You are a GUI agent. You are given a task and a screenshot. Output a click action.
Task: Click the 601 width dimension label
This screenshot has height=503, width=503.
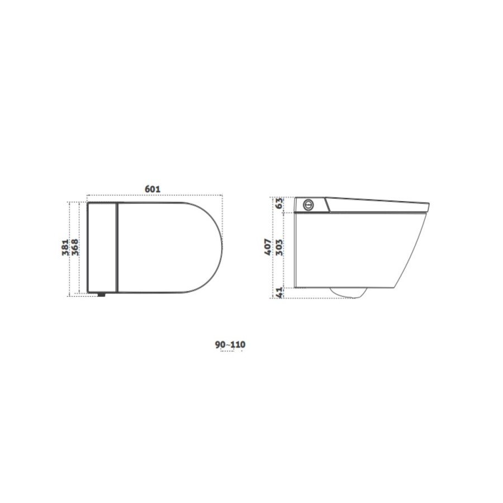[153, 189]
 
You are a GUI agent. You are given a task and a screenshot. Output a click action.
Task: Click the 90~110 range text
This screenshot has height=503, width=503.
[230, 344]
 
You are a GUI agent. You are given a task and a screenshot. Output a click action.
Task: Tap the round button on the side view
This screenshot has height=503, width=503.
[307, 205]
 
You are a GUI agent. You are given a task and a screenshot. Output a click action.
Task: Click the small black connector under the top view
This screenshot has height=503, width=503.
[101, 295]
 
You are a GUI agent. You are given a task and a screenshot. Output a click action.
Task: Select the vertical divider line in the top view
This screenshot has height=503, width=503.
[117, 247]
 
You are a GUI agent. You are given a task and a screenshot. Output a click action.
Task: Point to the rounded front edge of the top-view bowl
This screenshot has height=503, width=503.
[221, 247]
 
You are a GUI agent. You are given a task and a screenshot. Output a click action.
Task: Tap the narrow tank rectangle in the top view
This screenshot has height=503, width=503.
[102, 247]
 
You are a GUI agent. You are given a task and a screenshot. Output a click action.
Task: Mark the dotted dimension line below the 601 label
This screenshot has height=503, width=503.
[155, 196]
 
